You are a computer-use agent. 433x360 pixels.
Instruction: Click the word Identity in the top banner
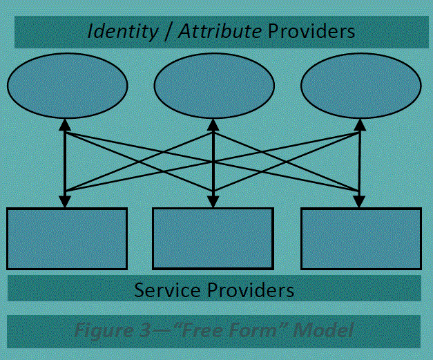122,31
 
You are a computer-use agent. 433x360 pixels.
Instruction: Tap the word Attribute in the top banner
219,31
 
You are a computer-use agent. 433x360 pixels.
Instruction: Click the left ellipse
67,86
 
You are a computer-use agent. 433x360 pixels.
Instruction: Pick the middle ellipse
214,86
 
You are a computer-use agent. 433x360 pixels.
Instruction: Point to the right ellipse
360,86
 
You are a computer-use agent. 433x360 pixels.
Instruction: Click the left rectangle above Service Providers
67,238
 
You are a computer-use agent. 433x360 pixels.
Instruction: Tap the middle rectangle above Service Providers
213,238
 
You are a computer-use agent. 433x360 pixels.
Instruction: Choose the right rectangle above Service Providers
361,238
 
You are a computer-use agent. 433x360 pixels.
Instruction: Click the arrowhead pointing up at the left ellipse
64,125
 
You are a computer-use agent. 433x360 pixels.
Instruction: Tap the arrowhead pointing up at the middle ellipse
214,125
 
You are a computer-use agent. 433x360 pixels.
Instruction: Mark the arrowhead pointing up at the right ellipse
360,125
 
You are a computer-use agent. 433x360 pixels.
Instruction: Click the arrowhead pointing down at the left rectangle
64,202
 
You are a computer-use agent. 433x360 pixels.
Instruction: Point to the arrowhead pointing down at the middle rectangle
214,202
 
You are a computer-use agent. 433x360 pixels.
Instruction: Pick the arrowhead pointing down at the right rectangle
359,202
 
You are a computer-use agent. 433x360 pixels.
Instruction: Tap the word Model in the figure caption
323,330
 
